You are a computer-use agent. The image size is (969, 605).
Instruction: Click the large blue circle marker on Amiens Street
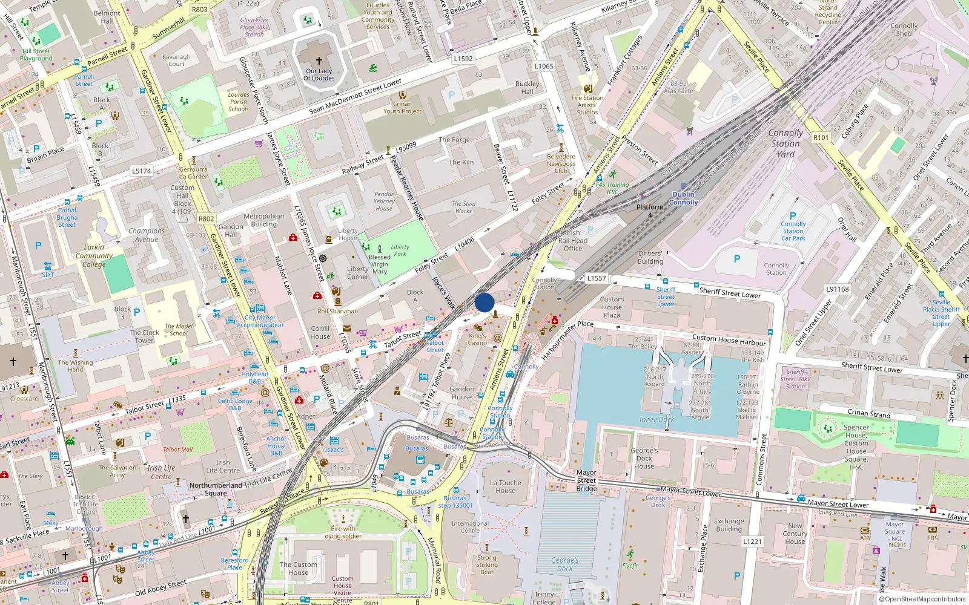[484, 302]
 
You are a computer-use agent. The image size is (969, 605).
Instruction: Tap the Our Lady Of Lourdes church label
[319, 74]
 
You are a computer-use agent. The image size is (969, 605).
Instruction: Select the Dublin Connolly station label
[683, 198]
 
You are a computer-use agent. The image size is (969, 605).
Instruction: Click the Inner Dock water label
[656, 419]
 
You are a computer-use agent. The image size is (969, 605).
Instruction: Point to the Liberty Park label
[400, 250]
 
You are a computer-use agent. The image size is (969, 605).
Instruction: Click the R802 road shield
[206, 219]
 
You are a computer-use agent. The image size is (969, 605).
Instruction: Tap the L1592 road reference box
[463, 59]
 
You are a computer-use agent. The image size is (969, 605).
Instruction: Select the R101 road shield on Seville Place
[821, 137]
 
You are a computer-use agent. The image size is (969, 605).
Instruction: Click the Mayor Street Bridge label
[586, 480]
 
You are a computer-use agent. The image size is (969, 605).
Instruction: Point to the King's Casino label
[477, 339]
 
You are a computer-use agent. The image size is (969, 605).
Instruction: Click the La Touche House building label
[505, 486]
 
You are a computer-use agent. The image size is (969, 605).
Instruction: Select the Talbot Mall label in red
[177, 450]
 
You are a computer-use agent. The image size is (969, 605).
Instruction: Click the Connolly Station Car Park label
[793, 231]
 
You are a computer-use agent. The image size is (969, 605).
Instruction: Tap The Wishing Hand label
[76, 366]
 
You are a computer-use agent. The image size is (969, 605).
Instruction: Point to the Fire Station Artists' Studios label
[587, 105]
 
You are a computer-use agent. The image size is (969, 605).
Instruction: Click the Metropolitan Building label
[263, 220]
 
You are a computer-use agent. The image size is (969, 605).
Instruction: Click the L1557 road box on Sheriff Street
[596, 278]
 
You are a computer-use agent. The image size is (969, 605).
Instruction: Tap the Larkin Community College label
[94, 255]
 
